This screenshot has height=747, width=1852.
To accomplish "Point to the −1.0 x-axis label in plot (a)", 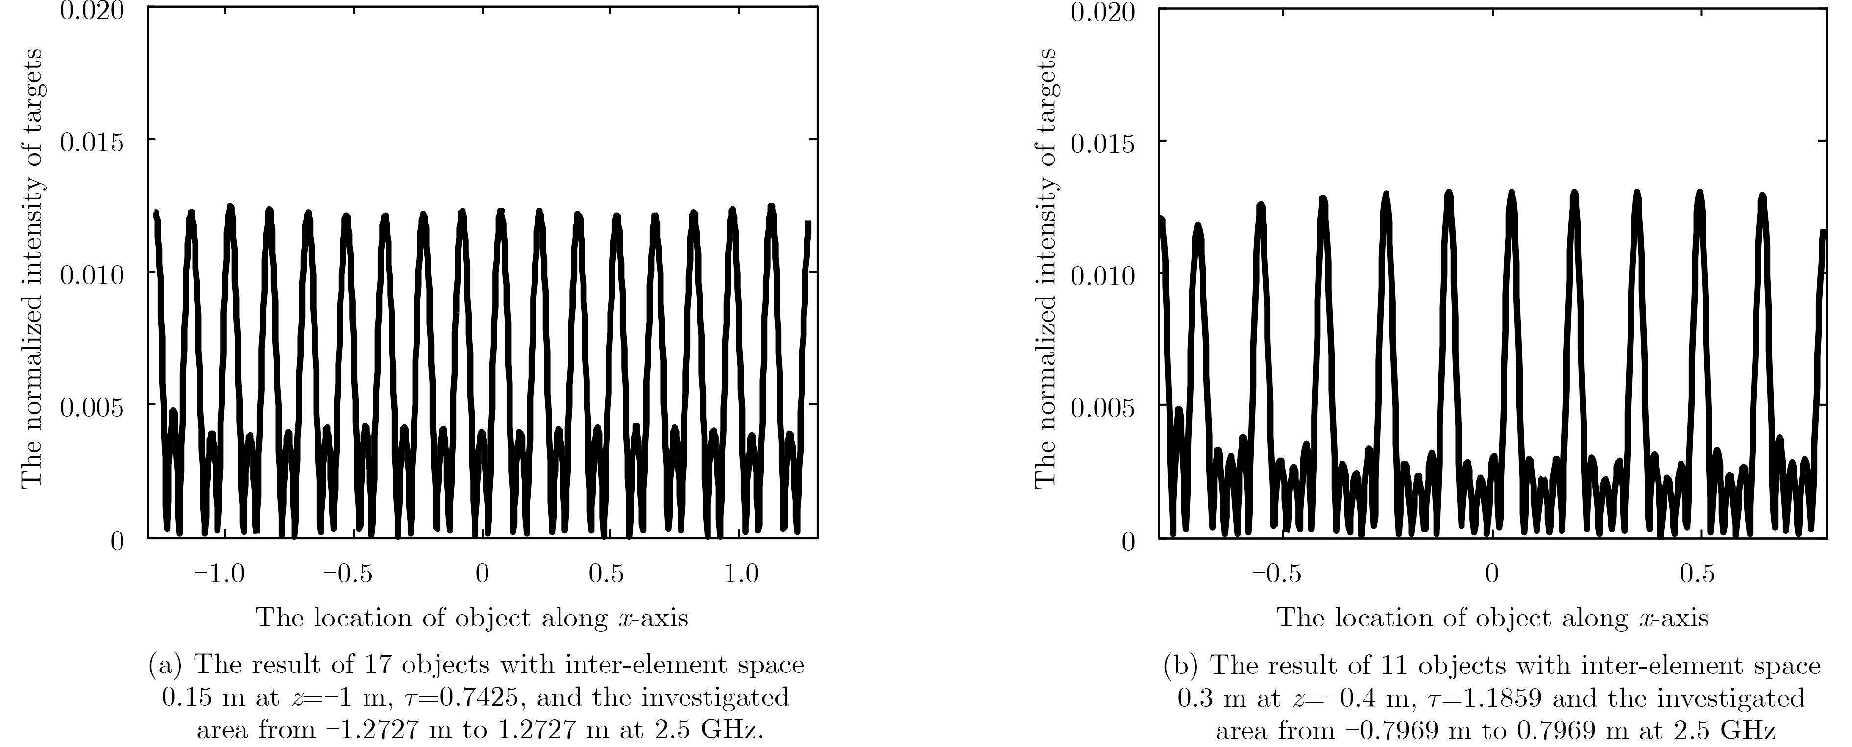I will point(219,574).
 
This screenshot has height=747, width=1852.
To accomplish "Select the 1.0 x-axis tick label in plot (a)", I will point(741,574).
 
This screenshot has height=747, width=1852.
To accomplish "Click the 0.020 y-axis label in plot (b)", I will point(1103,13).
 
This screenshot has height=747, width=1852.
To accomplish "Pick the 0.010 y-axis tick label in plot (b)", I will point(1103,276).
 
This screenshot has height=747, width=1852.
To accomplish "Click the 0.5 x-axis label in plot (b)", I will point(1698,574).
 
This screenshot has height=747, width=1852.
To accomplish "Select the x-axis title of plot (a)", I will point(472,618).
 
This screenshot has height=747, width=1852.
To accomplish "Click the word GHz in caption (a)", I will point(731,730).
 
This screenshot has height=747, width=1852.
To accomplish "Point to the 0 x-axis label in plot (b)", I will point(1492,574).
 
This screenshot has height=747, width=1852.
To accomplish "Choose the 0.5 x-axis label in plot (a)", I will point(606,574).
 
